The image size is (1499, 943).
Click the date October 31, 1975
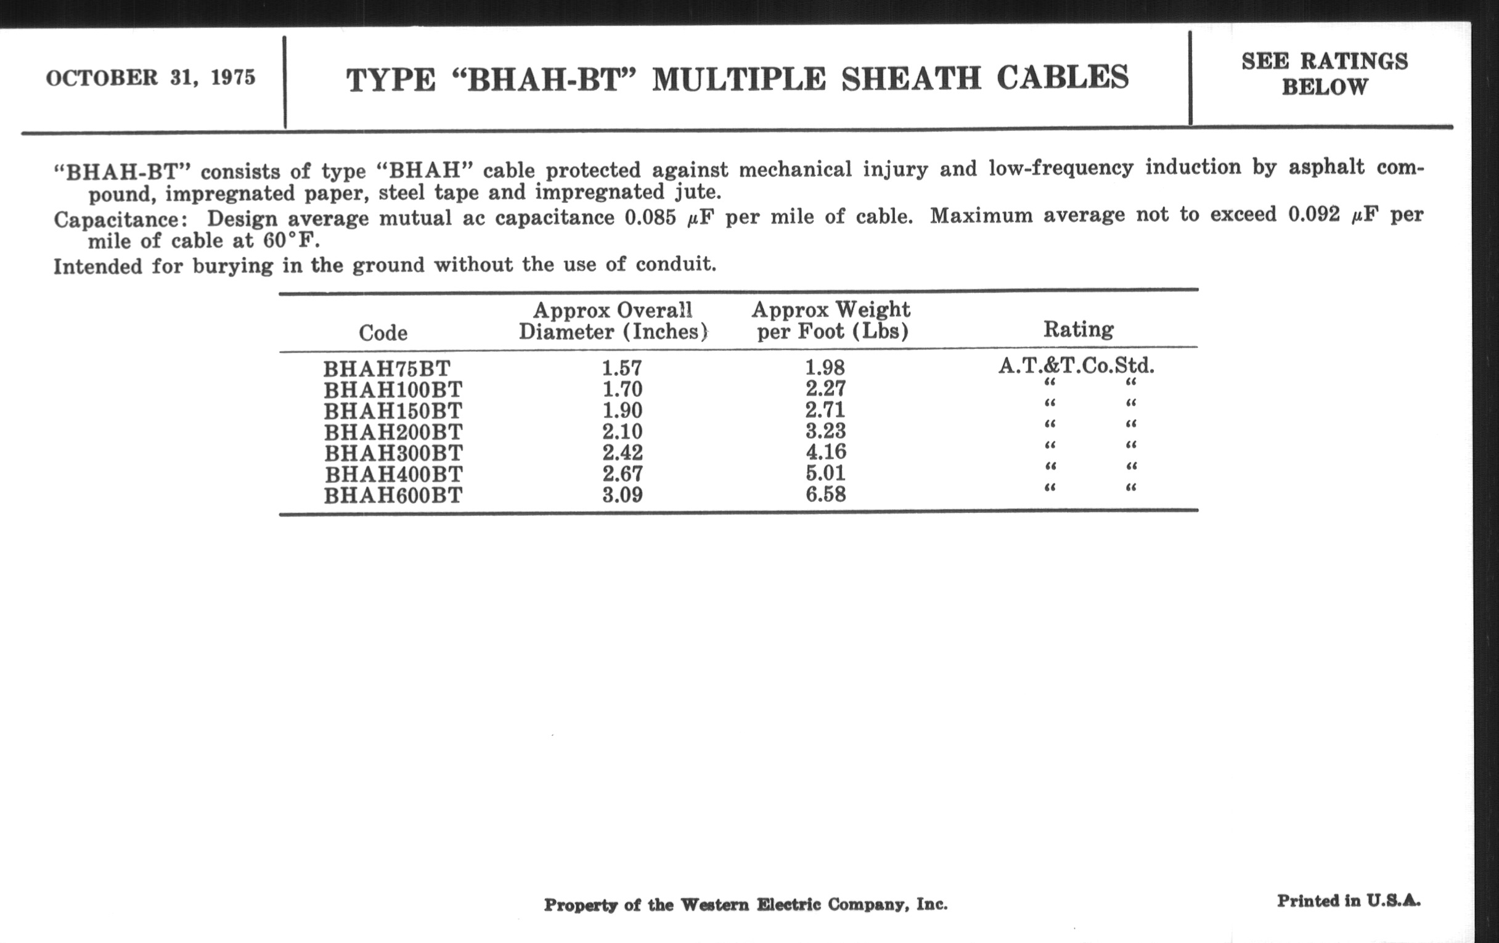pos(150,78)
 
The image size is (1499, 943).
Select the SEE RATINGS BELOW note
pos(1324,74)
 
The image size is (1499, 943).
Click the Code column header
pos(383,333)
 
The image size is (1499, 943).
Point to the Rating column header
pos(1078,329)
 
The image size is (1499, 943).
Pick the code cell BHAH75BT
pos(386,369)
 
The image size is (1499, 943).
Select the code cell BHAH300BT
pos(393,452)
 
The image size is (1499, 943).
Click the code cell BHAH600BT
pos(393,496)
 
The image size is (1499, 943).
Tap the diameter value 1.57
pos(621,368)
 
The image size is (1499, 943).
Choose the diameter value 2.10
pos(622,431)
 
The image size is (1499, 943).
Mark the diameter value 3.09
pos(622,495)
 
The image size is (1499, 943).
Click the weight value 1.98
pos(825,367)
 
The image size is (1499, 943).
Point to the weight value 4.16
pos(825,452)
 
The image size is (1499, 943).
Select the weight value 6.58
pos(825,494)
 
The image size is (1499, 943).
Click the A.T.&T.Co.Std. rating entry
pos(1076,365)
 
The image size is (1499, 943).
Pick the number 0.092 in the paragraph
pos(1313,214)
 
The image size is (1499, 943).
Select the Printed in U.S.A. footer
pos(1349,900)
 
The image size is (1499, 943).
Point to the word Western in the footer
pos(714,904)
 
